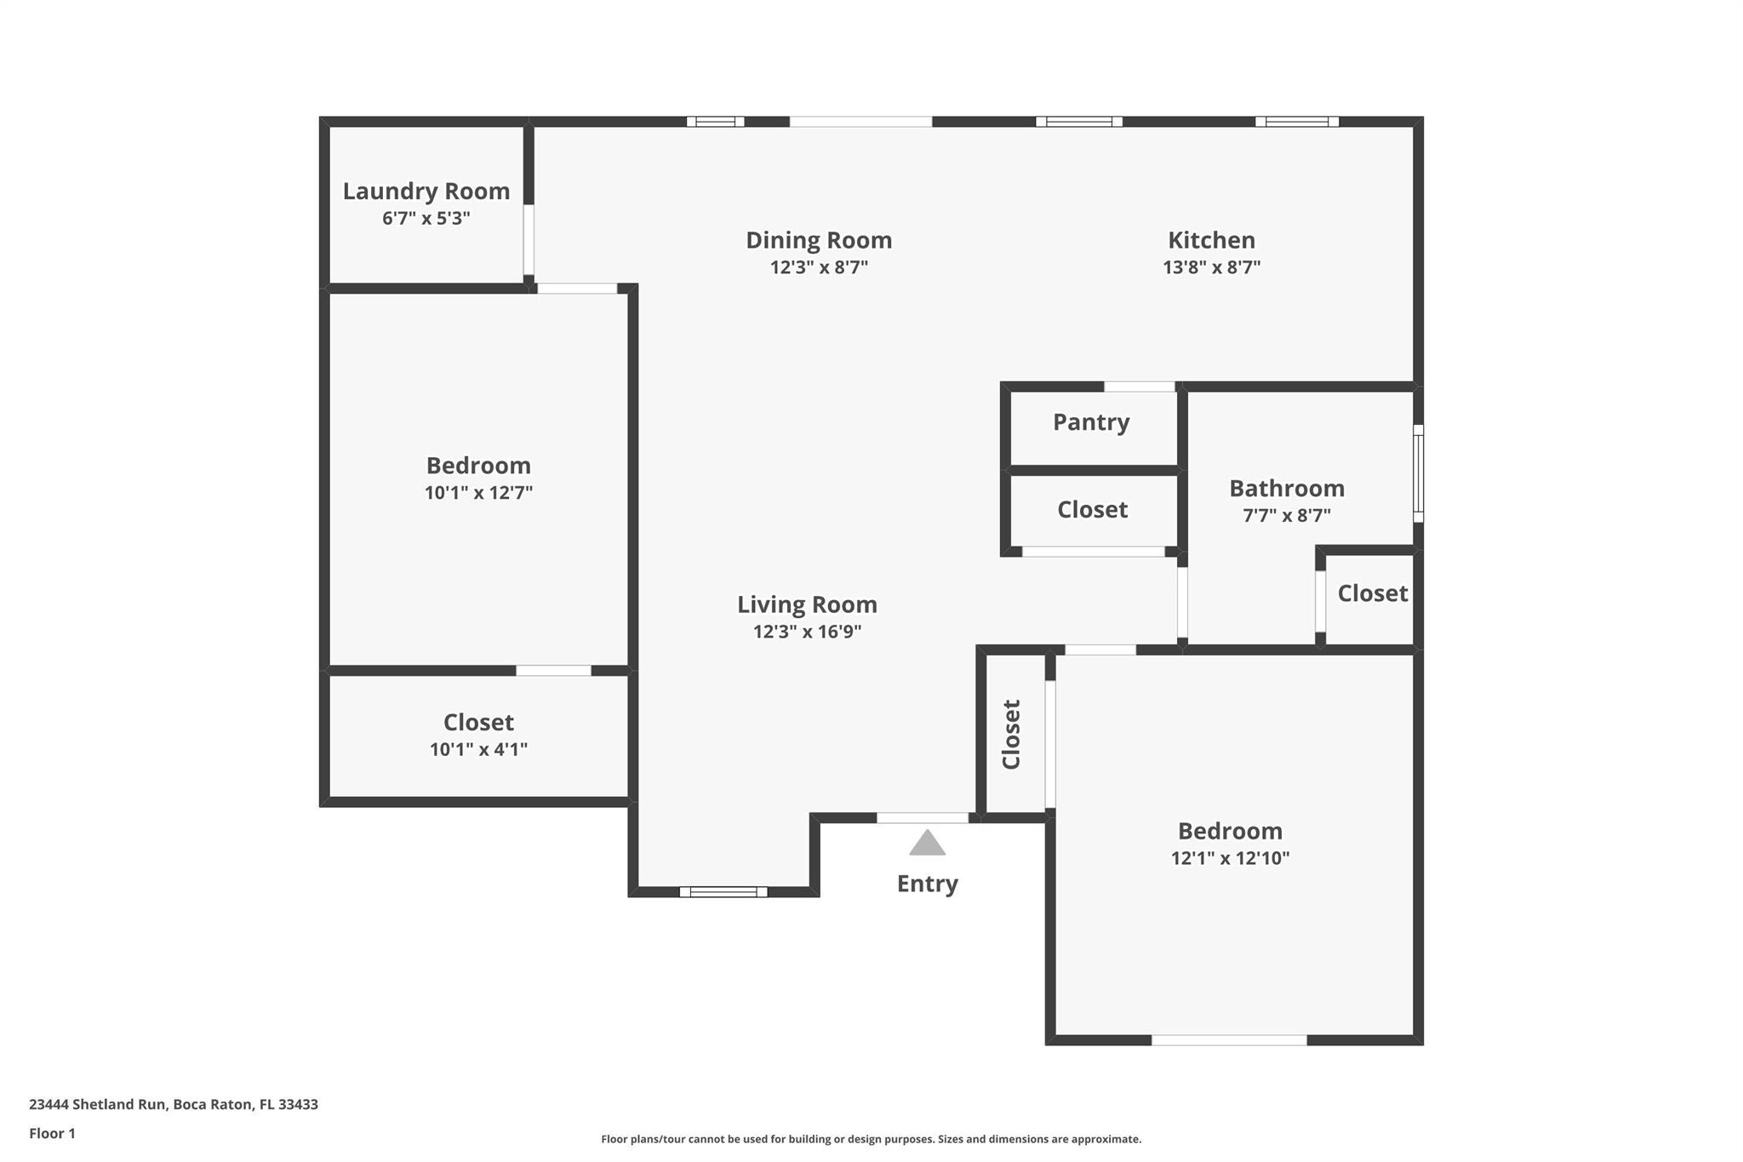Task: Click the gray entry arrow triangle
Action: coord(927,843)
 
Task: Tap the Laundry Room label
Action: coord(426,192)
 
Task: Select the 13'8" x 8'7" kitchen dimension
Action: coord(1211,267)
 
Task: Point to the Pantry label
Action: coord(1091,422)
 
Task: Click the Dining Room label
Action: coord(819,241)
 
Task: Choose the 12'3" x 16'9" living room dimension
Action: coord(807,632)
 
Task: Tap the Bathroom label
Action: coord(1287,489)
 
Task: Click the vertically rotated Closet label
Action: coord(1011,735)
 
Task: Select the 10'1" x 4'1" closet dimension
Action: coord(478,750)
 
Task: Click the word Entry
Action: coord(927,884)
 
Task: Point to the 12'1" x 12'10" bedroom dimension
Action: coord(1230,858)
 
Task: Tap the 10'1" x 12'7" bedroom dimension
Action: coord(478,493)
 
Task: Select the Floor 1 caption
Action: coord(52,1133)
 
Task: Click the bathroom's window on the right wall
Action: coord(1418,473)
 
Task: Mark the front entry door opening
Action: coord(923,818)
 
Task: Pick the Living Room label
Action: coord(807,605)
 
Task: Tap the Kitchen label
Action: coord(1211,241)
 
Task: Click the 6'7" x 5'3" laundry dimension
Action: coord(426,219)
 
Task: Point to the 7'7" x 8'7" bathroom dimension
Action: coord(1287,515)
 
